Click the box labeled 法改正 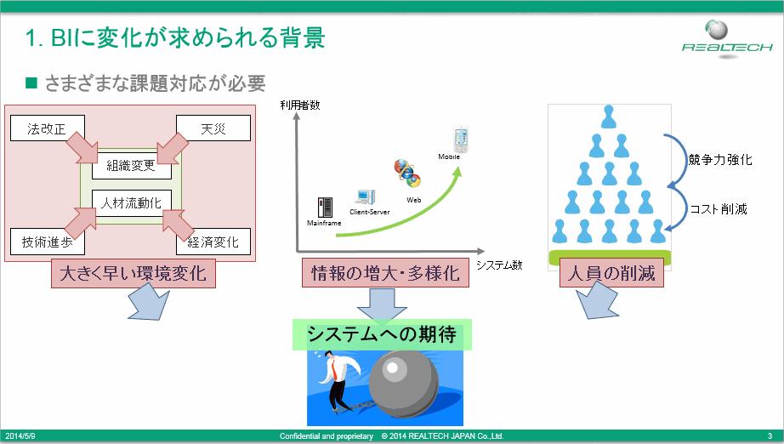tap(48, 128)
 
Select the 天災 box tap(213, 128)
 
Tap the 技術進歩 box tap(48, 242)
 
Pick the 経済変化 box tap(213, 242)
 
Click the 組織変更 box tap(132, 166)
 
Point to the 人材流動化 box tap(132, 203)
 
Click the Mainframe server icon tap(325, 207)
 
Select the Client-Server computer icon tap(366, 197)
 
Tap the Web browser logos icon tap(407, 174)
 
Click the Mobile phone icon tap(461, 140)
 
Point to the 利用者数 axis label tap(299, 105)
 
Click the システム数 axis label tap(499, 265)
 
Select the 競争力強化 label tap(720, 160)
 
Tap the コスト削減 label tap(719, 209)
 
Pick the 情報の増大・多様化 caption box tap(385, 273)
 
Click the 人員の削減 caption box tap(611, 273)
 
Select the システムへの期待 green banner tap(382, 334)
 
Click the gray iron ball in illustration tap(404, 383)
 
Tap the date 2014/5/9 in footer tap(20, 436)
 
